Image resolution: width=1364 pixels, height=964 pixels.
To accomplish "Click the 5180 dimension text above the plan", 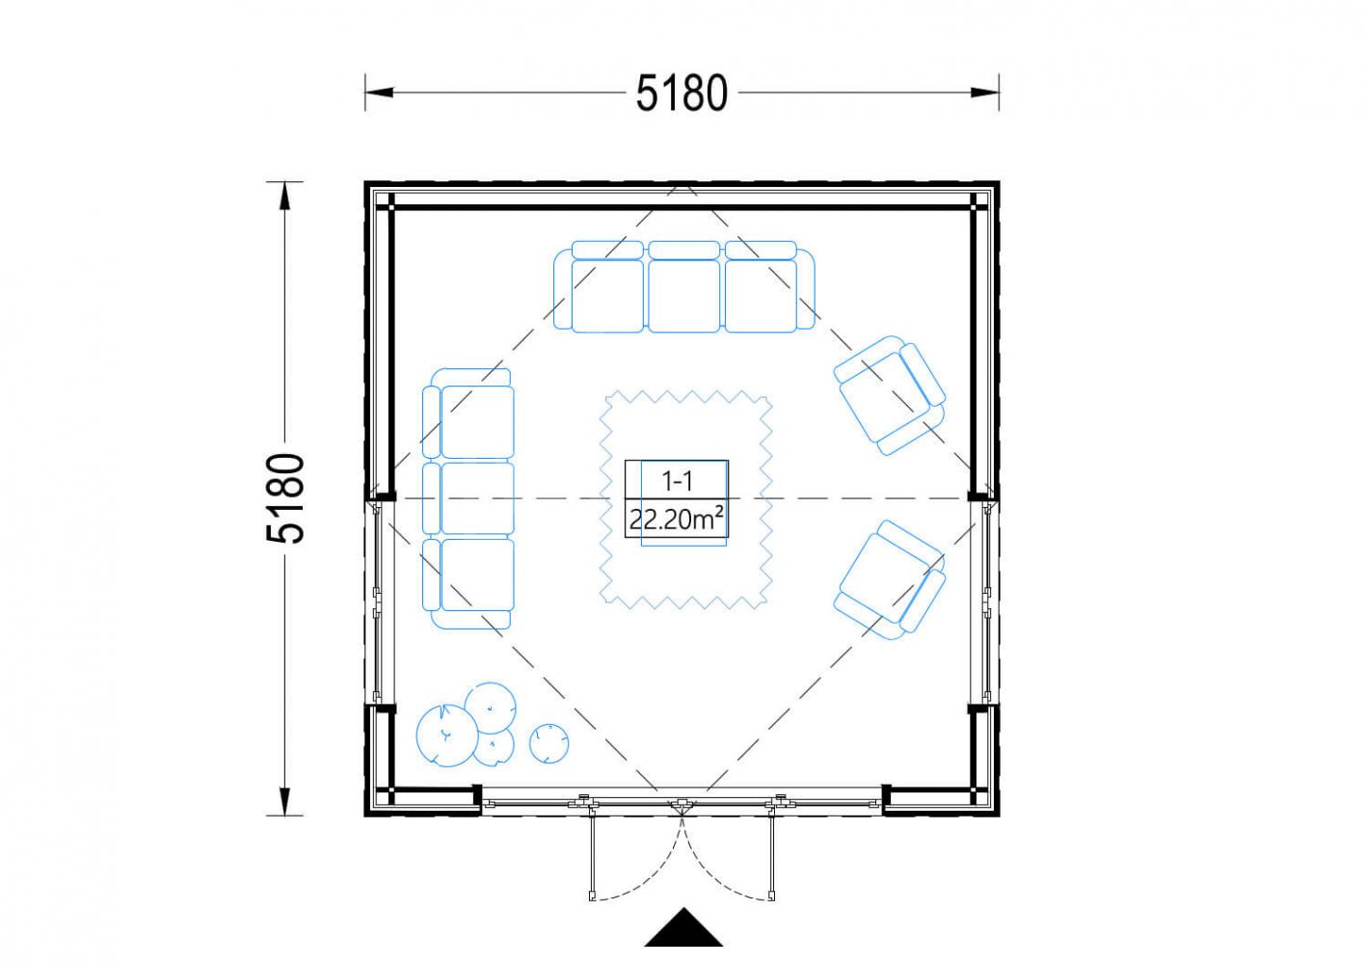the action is [x=682, y=94].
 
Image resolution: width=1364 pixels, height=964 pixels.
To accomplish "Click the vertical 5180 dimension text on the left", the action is [x=285, y=498].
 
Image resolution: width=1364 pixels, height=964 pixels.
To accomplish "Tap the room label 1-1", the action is [x=677, y=482].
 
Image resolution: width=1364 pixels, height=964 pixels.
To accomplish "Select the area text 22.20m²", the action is [x=677, y=520].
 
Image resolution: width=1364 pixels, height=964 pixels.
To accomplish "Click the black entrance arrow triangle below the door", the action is [x=683, y=928].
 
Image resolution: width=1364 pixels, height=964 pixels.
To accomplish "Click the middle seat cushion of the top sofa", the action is [x=683, y=296].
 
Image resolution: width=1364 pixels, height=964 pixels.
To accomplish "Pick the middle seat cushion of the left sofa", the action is [x=477, y=498].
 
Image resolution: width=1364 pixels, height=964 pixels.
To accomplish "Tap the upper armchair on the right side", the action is [x=890, y=395].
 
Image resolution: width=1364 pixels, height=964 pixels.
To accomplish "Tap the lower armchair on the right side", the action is [x=890, y=579].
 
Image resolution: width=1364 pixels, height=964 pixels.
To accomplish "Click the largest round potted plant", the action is [x=446, y=735].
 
